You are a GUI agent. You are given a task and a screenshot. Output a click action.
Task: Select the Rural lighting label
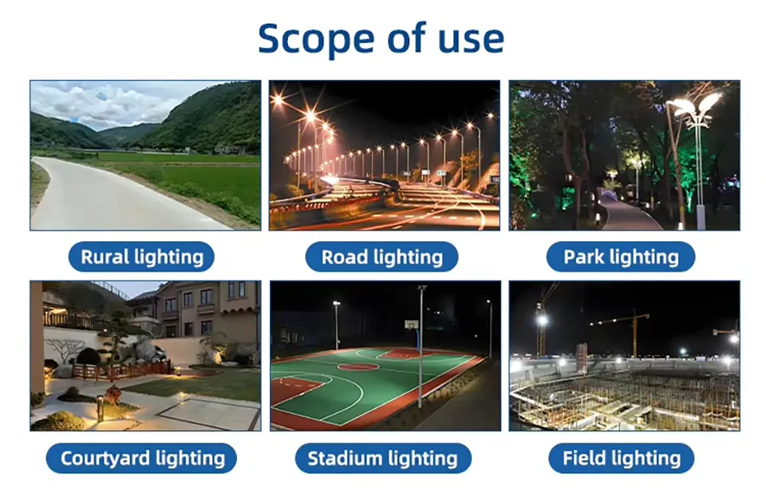click(142, 257)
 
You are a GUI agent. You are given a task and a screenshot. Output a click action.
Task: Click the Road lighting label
click(381, 257)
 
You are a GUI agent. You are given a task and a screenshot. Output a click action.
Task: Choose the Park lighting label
click(621, 257)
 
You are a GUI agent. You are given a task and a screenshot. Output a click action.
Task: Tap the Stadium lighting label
click(382, 458)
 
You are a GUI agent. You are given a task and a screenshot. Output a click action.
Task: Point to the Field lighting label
click(622, 458)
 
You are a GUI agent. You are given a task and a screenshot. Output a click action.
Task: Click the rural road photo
click(145, 155)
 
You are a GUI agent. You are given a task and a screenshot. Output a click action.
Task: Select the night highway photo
click(384, 155)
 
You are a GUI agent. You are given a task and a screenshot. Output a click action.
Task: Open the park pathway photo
click(624, 155)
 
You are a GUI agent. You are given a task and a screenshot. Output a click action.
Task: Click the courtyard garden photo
click(145, 355)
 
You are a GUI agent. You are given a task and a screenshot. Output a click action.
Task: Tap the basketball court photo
click(385, 355)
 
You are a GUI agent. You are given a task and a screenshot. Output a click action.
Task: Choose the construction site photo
click(624, 355)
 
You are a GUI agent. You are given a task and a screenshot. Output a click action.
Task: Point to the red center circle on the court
click(357, 367)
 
